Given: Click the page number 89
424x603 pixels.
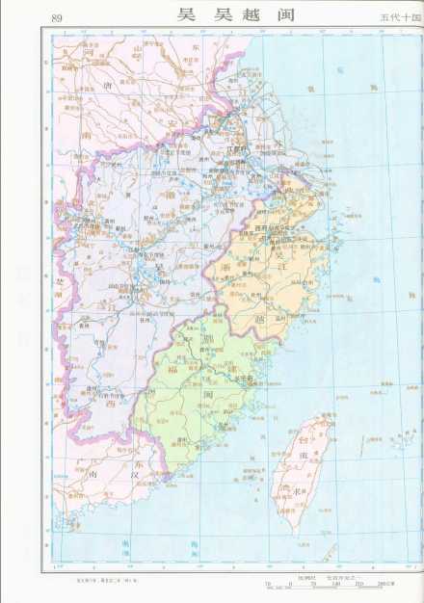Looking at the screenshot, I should (56, 17).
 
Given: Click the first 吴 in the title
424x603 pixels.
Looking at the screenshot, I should (186, 17).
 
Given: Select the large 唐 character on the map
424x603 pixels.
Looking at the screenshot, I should (106, 88).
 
